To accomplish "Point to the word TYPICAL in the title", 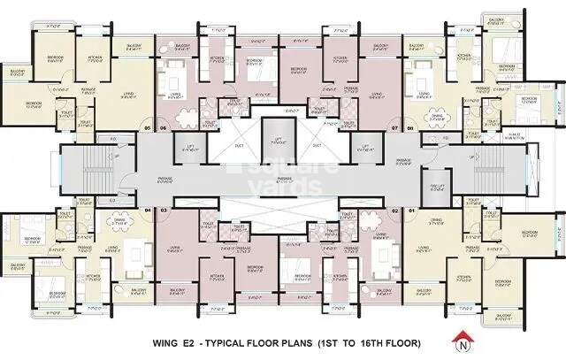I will (226, 341).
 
